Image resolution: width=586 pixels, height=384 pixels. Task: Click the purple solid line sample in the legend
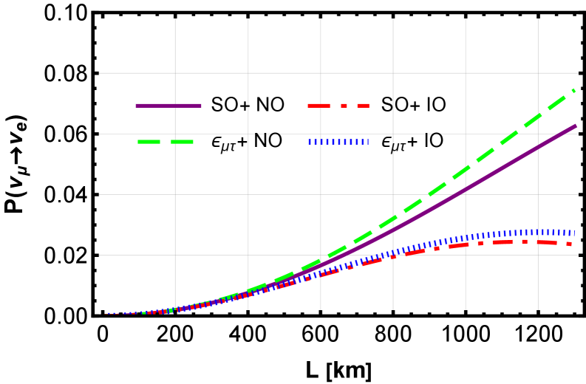tap(168, 106)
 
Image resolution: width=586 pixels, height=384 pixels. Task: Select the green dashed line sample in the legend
tap(166, 142)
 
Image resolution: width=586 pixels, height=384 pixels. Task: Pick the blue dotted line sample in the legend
tap(338, 142)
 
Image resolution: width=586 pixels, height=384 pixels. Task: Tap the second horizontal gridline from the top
tap(222, 134)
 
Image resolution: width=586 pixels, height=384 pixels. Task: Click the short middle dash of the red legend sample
tap(344, 106)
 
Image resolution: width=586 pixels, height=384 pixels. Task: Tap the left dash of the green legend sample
tap(149, 142)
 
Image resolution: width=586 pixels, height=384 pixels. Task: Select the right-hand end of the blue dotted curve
tap(573, 233)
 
